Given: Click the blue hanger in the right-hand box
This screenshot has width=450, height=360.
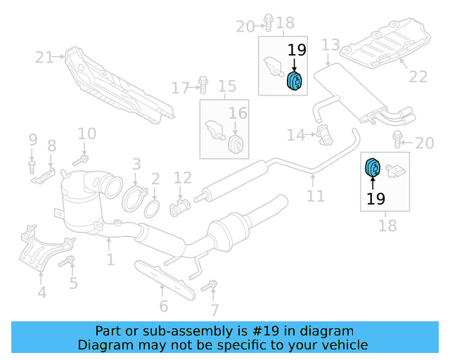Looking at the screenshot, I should (x=372, y=169).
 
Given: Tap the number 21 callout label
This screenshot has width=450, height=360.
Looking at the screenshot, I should (x=45, y=58).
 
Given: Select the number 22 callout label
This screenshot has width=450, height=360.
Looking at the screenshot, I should (x=418, y=77).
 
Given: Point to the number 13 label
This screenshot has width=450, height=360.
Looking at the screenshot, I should (x=330, y=46).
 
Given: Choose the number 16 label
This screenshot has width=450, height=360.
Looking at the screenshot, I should (x=238, y=112).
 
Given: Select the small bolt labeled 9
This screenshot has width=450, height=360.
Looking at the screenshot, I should (x=32, y=166).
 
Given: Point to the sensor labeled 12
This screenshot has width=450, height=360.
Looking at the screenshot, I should (x=180, y=206).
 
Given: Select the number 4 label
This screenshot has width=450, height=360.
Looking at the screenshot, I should (x=42, y=292).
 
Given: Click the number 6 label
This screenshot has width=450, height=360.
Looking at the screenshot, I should (x=163, y=306).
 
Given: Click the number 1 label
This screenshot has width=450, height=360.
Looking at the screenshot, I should (x=110, y=260).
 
